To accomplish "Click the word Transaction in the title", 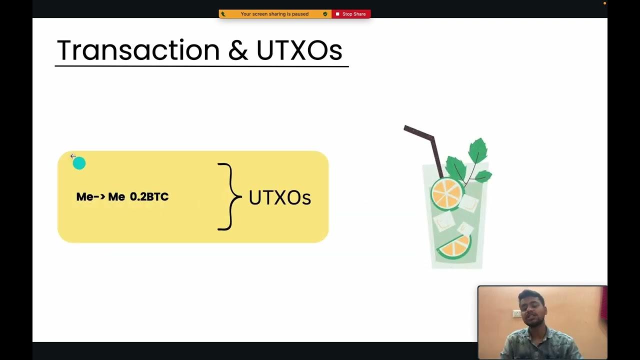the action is point(138,50).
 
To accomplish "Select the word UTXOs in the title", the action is point(299,50).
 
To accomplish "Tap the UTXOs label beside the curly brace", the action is point(279,197).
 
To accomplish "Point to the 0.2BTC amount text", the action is point(149,197).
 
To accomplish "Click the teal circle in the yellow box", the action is point(79,163).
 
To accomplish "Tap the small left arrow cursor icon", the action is point(73,156).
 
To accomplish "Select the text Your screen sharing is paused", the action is point(274,14).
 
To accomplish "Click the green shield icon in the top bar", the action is point(325,14).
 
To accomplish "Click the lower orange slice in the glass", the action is point(455,246).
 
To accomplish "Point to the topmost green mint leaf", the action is point(478,149).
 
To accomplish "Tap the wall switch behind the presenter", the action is point(516,313).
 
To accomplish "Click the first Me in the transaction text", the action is point(84,197).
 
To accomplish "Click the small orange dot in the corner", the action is point(604,3).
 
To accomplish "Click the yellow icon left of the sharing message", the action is point(223,14).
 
